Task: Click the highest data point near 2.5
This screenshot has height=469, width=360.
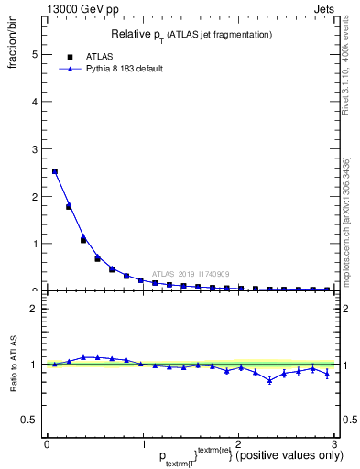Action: (x=55, y=171)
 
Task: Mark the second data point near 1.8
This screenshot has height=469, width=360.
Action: (x=69, y=206)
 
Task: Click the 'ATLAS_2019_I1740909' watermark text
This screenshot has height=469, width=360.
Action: (x=191, y=273)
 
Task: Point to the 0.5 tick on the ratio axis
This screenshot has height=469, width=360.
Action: (x=31, y=420)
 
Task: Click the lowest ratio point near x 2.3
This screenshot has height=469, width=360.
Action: (x=269, y=380)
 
